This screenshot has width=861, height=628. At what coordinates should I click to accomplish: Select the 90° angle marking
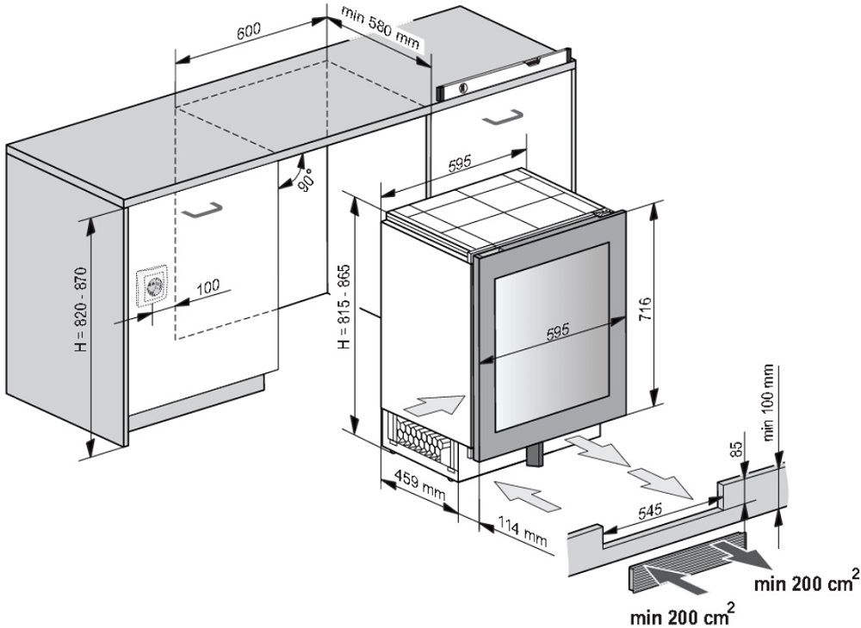pyautogui.click(x=305, y=175)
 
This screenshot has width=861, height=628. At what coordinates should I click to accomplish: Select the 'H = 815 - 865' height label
pyautogui.click(x=344, y=306)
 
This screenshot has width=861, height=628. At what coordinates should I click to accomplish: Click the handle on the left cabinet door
pyautogui.click(x=203, y=208)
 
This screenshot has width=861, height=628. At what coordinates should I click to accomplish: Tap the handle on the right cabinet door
pyautogui.click(x=503, y=119)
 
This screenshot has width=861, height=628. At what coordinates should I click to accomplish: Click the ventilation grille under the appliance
pyautogui.click(x=422, y=436)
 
